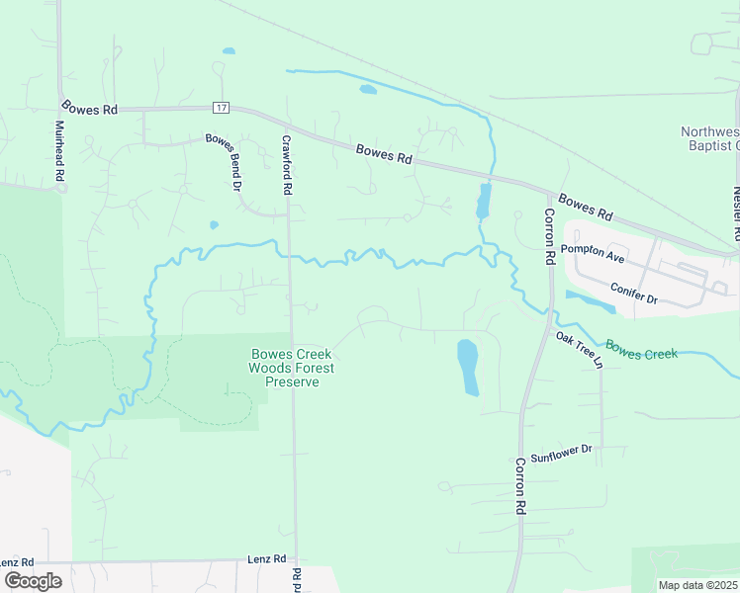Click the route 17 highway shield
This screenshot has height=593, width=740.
pos(220,107)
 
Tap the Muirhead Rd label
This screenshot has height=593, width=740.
pos(60,150)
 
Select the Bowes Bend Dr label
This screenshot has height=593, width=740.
pos(224,162)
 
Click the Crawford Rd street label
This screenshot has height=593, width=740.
pos(287,164)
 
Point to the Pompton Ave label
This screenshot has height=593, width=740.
pos(594,256)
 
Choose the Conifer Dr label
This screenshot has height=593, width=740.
pos(633,295)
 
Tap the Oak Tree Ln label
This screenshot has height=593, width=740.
pos(580,349)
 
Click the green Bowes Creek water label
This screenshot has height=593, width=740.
pos(641,350)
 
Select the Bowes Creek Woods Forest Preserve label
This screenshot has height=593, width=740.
pos(292,368)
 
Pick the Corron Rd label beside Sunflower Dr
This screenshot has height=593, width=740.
pos(519,486)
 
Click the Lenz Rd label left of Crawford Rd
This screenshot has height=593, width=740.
pos(266,559)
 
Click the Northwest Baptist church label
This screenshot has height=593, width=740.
pos(710,139)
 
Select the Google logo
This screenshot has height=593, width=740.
pos(33,581)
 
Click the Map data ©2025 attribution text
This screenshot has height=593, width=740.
pos(696,585)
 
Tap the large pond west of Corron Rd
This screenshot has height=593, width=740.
pos(468,366)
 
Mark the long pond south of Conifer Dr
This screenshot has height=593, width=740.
pos(591,301)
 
